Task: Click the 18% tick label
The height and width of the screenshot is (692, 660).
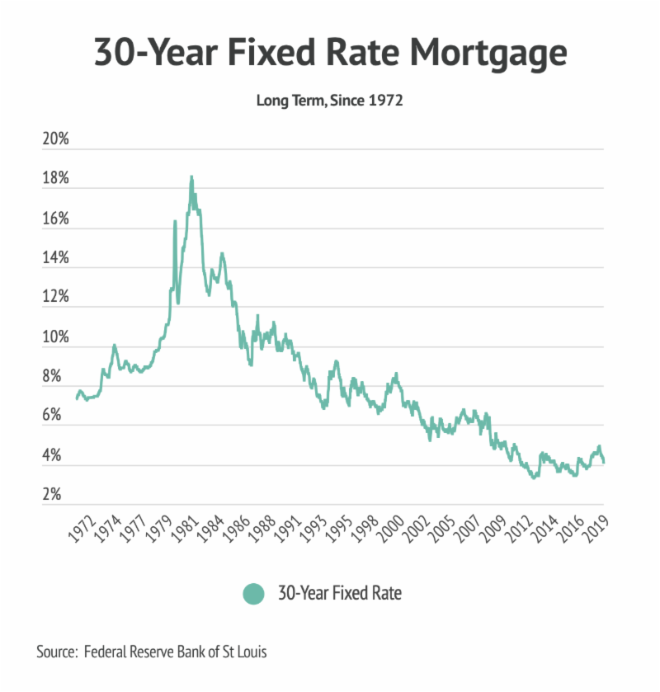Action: click(55, 180)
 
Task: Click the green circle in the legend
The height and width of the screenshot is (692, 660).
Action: click(254, 593)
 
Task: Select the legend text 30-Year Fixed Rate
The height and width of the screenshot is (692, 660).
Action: click(340, 593)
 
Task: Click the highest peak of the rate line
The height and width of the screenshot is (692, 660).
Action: click(191, 177)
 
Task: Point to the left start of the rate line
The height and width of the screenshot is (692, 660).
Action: click(77, 398)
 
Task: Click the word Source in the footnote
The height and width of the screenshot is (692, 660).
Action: click(57, 652)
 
